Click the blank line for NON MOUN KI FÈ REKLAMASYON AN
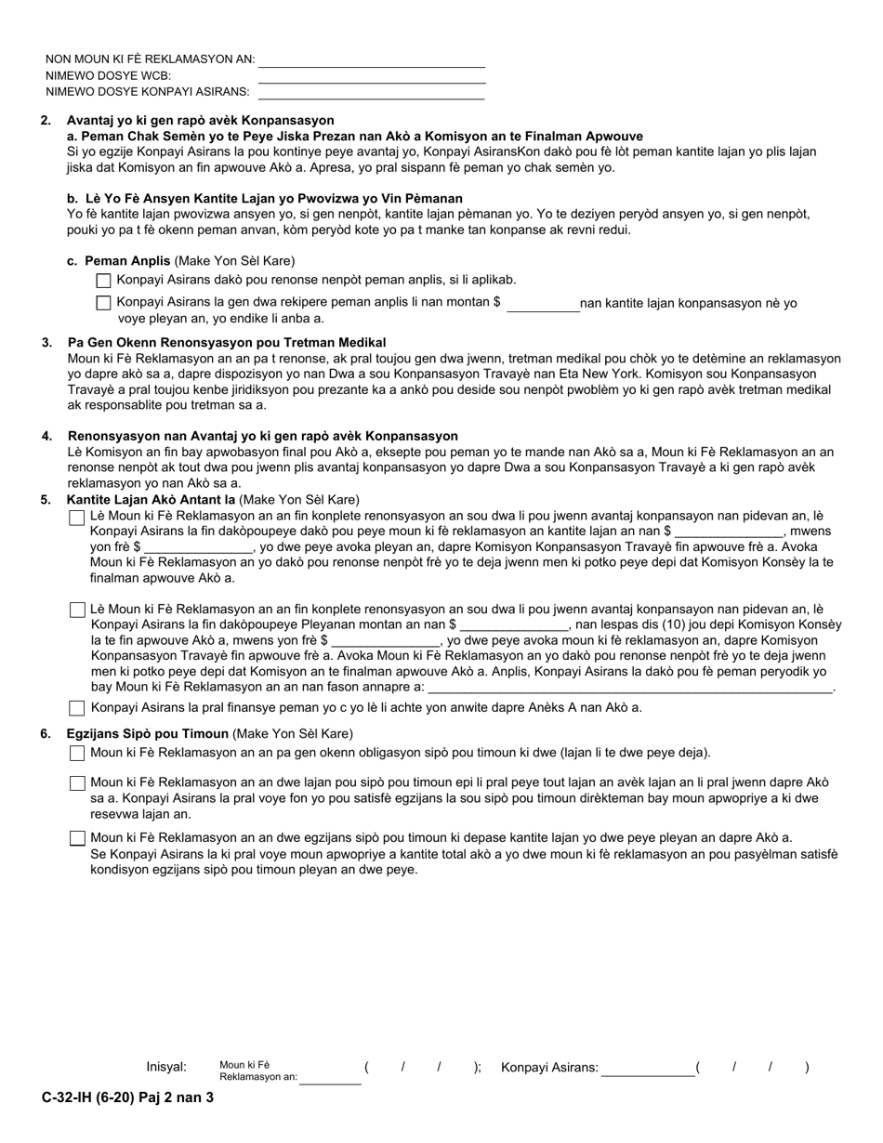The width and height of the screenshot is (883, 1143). (x=372, y=60)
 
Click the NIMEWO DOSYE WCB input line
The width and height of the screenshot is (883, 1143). (x=372, y=76)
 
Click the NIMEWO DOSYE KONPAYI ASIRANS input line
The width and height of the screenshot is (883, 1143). (x=372, y=92)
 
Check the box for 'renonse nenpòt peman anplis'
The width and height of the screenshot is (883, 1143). (x=103, y=280)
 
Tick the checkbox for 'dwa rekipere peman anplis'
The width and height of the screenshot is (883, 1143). (x=103, y=303)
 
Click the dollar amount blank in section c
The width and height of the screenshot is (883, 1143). (x=542, y=305)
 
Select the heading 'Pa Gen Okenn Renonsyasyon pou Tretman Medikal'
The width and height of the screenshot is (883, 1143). (x=227, y=343)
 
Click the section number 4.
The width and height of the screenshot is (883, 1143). (x=46, y=436)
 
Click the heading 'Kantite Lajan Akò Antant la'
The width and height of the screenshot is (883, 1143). (x=151, y=500)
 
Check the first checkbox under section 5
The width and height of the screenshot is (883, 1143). (x=77, y=518)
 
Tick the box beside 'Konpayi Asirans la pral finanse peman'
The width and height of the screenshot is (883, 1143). (x=77, y=708)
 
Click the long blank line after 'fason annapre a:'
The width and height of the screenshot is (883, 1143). (x=629, y=688)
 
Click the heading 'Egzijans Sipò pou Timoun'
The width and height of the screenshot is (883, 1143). (x=147, y=734)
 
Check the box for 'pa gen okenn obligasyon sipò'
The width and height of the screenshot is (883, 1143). (x=77, y=754)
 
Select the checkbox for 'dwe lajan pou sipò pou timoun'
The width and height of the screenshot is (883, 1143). (x=77, y=784)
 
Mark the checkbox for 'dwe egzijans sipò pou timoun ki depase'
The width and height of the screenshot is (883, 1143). (x=77, y=839)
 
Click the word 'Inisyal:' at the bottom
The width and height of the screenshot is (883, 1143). (x=166, y=1068)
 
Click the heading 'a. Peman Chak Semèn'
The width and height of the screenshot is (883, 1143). (x=354, y=136)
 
